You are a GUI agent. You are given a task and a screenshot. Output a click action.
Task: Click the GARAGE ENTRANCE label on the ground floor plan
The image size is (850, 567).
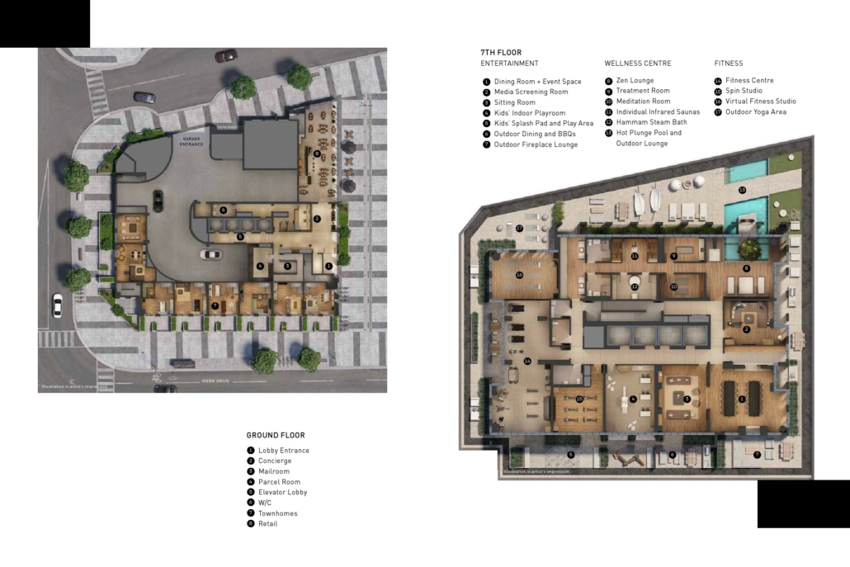(x=191, y=141)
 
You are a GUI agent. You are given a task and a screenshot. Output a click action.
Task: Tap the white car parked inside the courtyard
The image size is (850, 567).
(x=211, y=254)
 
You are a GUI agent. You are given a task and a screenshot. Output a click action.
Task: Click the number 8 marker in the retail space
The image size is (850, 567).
(x=317, y=154)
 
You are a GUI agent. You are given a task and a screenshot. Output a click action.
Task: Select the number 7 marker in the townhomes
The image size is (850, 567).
(x=215, y=305)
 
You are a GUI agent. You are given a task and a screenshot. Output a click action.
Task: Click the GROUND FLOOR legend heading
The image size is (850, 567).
(x=276, y=435)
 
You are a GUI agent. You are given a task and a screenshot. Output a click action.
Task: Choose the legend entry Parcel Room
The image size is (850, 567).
(x=279, y=482)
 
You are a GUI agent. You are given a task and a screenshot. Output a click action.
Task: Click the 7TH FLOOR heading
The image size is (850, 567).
(x=501, y=53)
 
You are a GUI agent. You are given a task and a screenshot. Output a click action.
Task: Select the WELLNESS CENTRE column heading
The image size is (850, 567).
(x=637, y=64)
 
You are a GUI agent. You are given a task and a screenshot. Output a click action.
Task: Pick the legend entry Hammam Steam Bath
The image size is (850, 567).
(x=651, y=122)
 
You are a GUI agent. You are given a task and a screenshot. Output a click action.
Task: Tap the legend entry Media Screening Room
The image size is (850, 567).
(x=531, y=92)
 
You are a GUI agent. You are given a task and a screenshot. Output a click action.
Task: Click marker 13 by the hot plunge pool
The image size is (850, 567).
(x=742, y=191)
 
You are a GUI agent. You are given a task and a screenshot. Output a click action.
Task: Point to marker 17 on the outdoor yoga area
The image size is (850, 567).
(x=520, y=228)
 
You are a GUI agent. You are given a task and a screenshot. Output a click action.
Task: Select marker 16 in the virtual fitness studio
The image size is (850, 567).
(x=520, y=275)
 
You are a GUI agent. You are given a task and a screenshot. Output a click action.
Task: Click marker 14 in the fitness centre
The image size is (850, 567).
(x=527, y=361)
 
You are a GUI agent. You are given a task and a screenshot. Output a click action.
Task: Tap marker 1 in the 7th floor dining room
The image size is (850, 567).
(x=742, y=399)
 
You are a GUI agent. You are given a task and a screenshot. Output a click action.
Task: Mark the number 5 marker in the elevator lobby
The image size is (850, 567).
(x=240, y=237)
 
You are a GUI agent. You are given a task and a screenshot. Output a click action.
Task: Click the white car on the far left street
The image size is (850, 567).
(x=56, y=305)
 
